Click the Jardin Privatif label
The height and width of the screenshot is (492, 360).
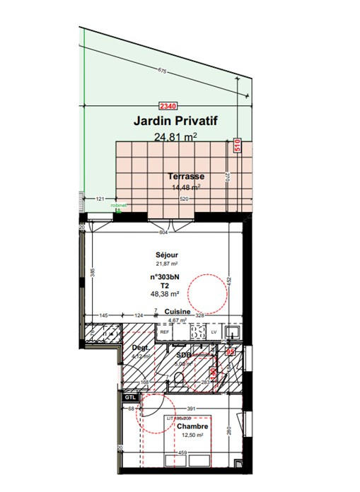pos(175,122)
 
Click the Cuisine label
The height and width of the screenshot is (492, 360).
pos(179,312)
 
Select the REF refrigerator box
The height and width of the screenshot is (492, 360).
pos(164,332)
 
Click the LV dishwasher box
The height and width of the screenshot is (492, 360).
pos(214,332)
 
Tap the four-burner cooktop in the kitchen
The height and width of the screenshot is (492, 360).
pos(193,331)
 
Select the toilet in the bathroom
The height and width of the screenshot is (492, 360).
pos(177,382)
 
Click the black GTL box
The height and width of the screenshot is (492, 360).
pos(129,398)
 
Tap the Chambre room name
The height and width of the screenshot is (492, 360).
pos(192,426)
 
